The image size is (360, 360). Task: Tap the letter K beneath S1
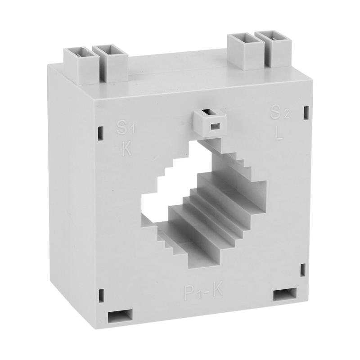point(127,149)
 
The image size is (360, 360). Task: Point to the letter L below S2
point(279,134)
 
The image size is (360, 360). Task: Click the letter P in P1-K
point(189,291)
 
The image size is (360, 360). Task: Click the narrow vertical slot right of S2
point(306,112)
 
